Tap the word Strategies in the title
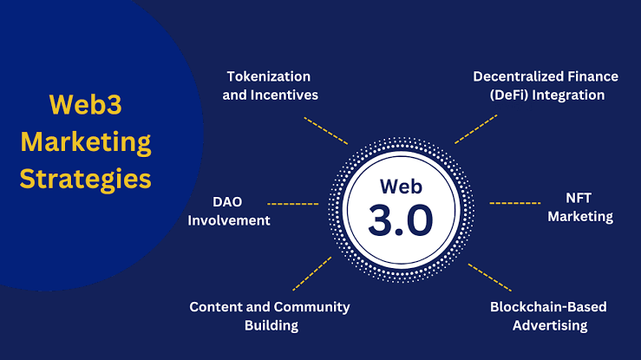click(85, 179)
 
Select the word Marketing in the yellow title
click(85, 141)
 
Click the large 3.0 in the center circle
click(400, 220)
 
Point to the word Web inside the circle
click(400, 186)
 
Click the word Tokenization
click(268, 76)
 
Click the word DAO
click(226, 202)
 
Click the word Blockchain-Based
click(548, 307)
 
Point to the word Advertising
click(549, 325)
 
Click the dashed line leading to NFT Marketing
click(516, 203)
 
